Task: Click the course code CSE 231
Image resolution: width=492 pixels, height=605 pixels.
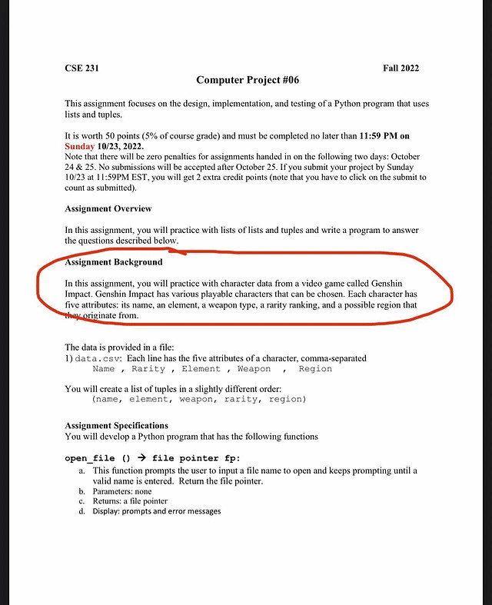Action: point(81,68)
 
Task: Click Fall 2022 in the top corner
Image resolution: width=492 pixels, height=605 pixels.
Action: point(401,68)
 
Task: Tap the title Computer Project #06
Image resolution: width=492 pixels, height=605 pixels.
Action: point(248,80)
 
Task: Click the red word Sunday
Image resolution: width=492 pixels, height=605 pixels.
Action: point(80,145)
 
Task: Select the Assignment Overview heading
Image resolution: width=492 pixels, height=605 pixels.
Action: point(108,208)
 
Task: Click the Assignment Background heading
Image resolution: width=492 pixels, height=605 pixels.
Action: point(114,262)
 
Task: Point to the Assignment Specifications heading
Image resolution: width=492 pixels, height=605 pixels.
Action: point(117,425)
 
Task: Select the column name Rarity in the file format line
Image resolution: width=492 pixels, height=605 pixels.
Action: point(148,369)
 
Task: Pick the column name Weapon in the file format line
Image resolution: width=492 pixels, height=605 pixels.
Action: point(254,369)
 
